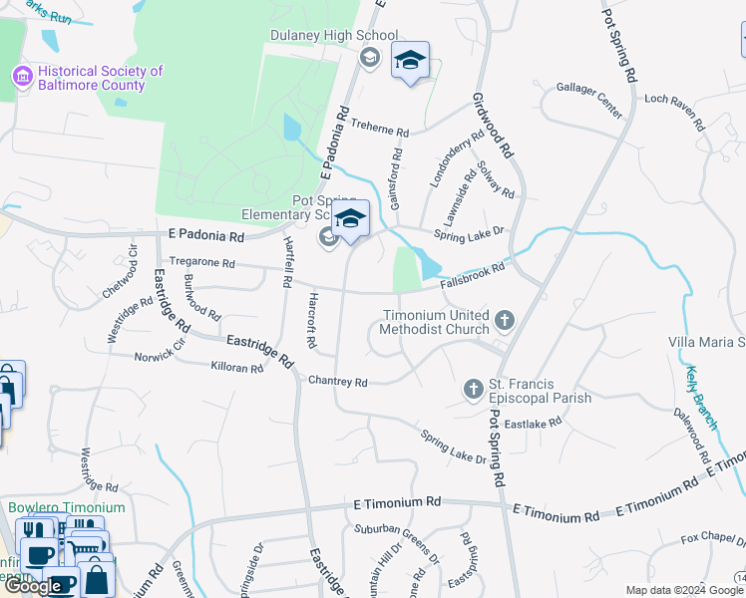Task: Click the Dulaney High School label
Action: [x=334, y=36]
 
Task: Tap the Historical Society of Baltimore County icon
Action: [x=20, y=76]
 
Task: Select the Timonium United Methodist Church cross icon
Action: [x=505, y=320]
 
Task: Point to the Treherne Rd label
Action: [x=381, y=132]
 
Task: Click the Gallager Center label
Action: [x=589, y=89]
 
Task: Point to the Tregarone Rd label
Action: [x=201, y=263]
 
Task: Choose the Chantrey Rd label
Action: [x=338, y=382]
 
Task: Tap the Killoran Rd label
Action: [x=236, y=368]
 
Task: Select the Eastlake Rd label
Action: [x=533, y=423]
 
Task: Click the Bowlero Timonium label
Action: [x=67, y=507]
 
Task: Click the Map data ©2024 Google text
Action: [x=677, y=590]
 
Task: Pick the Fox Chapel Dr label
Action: [x=712, y=540]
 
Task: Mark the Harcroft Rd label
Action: [x=311, y=321]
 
